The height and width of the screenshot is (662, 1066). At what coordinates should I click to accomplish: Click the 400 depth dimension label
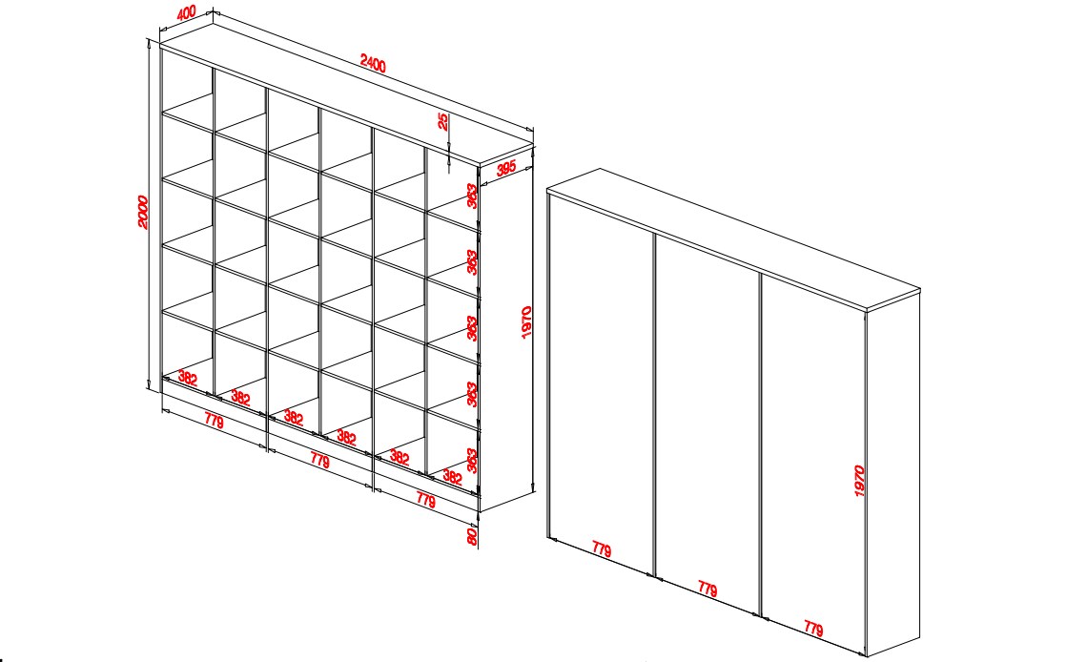point(186,13)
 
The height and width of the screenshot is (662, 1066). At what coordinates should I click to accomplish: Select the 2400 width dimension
point(373,64)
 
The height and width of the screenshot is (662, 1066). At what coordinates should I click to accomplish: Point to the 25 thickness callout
point(442,122)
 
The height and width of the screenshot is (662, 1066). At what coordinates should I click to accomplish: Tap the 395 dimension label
point(505,167)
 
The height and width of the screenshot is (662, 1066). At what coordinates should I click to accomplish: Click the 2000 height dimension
point(143,213)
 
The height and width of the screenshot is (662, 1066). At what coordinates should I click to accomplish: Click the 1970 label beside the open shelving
point(526,322)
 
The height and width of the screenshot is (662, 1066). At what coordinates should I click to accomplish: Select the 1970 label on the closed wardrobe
point(859,481)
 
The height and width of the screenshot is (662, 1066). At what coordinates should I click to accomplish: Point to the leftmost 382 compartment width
point(187,378)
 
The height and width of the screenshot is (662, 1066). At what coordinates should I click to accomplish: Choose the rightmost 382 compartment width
point(452,476)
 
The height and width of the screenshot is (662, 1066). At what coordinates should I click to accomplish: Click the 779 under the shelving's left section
point(214,422)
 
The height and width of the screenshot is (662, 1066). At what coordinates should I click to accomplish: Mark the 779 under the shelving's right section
point(425,500)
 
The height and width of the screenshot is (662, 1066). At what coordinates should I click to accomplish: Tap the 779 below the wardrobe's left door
point(602,549)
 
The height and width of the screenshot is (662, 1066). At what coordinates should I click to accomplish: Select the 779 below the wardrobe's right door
point(813,628)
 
